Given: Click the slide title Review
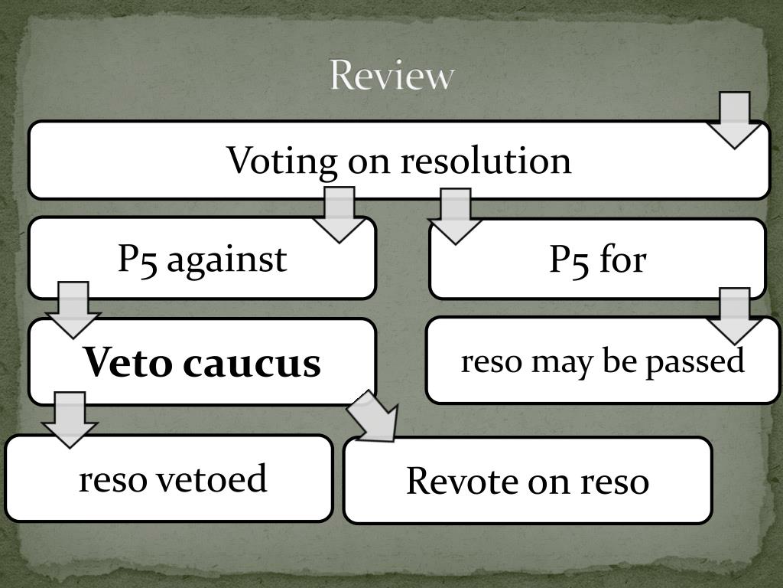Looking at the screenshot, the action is (392, 76).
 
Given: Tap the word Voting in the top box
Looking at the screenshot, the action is (281, 161).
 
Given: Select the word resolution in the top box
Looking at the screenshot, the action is (486, 161).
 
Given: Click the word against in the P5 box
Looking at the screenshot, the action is (226, 260).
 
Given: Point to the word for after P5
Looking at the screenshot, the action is (622, 260).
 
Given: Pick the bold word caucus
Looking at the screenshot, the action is (252, 363).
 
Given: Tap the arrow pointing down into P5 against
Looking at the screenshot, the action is (339, 214).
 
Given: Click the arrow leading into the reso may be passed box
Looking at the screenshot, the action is (734, 315).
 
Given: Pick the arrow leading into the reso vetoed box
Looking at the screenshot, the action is (70, 419).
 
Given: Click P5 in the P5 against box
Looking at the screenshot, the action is (138, 260).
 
